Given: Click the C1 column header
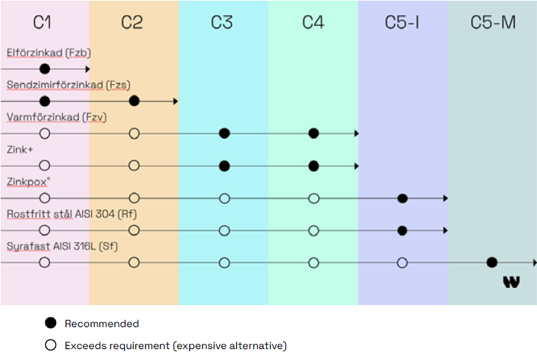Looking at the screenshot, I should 43,23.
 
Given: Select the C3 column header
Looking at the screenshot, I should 222,23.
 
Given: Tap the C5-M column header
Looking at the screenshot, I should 493,23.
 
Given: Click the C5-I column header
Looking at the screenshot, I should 403,23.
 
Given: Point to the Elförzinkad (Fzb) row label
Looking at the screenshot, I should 49,53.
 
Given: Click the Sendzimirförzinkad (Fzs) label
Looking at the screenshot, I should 69,85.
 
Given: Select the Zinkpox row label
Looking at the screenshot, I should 28,182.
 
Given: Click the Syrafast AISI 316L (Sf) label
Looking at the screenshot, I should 62,246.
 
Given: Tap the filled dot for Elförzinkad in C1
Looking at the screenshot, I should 45,69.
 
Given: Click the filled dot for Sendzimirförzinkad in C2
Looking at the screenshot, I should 134,101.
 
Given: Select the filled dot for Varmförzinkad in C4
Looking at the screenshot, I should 313,133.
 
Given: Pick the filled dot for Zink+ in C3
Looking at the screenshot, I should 224,165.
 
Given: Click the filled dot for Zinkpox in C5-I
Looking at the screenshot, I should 403,198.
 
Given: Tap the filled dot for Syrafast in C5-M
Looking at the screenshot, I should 492,262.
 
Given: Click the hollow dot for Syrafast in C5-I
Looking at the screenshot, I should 403,262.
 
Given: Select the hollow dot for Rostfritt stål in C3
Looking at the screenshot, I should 224,230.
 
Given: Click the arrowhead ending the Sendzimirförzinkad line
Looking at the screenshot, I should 176,101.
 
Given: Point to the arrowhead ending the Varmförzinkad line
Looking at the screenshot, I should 356,133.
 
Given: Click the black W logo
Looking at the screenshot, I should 511,281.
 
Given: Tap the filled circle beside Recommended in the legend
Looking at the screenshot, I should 50,324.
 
